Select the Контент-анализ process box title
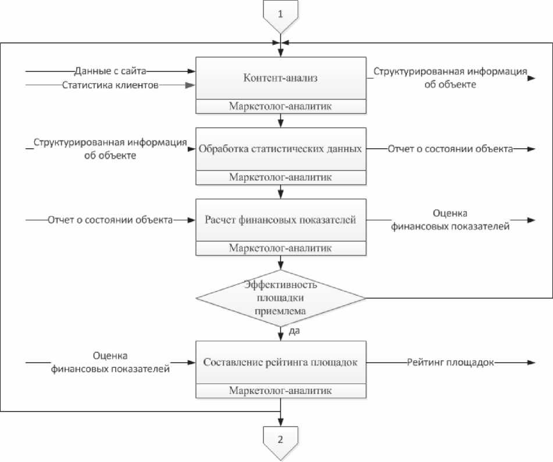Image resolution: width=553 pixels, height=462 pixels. [x=281, y=80]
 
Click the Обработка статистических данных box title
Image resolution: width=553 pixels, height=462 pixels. [x=281, y=149]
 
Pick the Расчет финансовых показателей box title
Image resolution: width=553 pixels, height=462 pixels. [x=281, y=220]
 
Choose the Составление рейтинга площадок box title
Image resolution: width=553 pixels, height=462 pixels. [x=281, y=363]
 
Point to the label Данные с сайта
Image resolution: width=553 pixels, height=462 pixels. [x=110, y=71]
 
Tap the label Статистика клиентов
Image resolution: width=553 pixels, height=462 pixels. [x=110, y=85]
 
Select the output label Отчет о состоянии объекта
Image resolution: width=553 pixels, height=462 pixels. [x=451, y=149]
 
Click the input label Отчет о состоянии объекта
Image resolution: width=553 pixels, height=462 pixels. [x=110, y=220]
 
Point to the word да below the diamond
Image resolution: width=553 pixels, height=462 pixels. [x=294, y=331]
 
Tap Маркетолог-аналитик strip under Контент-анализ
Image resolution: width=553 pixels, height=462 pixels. [x=281, y=106]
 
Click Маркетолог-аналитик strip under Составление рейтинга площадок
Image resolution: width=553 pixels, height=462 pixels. [x=281, y=390]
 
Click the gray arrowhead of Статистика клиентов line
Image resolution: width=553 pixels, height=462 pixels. [x=190, y=85]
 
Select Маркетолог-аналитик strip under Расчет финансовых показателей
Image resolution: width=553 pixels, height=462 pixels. [x=281, y=248]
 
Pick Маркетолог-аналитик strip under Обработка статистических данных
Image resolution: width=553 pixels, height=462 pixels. [x=281, y=177]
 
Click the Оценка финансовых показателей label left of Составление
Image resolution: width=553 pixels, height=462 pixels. [x=110, y=361]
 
